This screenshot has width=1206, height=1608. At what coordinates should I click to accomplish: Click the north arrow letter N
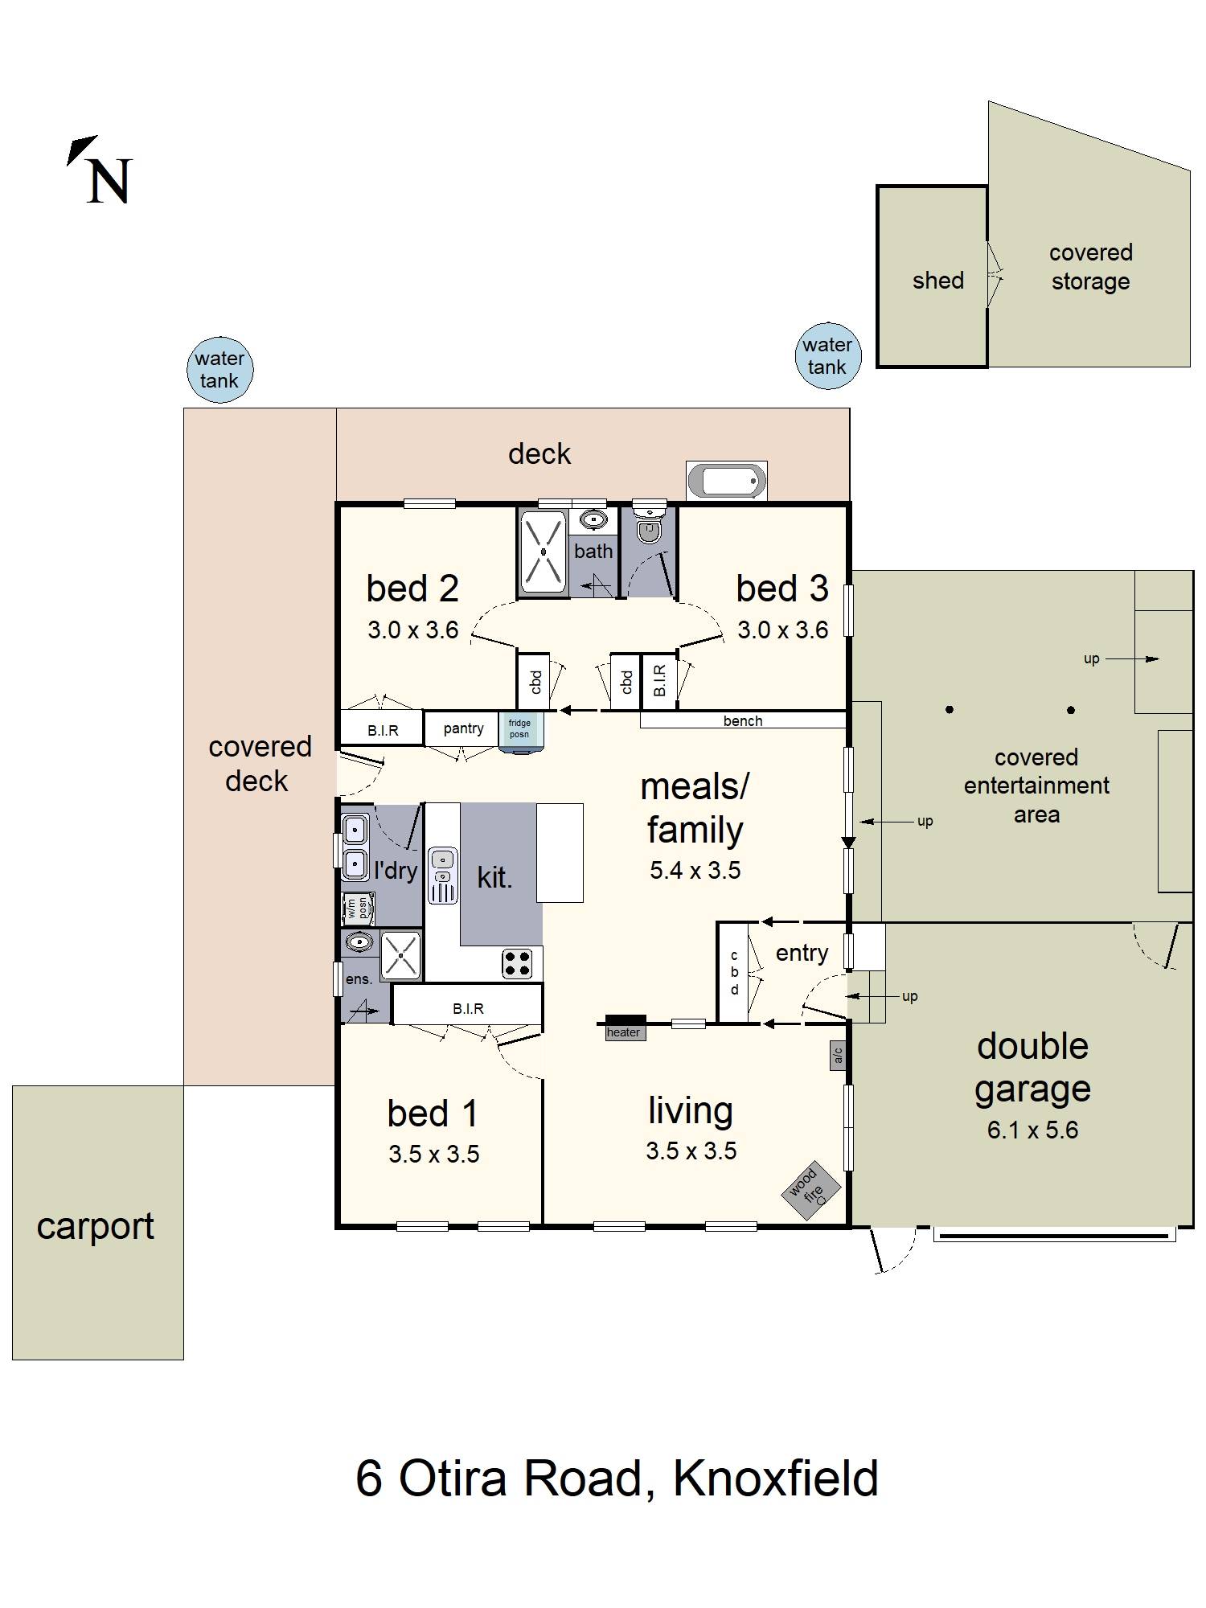pos(109,182)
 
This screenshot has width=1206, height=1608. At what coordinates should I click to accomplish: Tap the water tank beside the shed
pos(827,356)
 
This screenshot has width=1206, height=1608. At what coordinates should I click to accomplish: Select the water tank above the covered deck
pos(219,370)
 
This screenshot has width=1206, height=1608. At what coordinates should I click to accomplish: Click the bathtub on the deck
pos(727,481)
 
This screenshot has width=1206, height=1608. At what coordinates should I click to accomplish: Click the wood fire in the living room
pos(811,1191)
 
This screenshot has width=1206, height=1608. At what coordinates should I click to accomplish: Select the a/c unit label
pos(839,1055)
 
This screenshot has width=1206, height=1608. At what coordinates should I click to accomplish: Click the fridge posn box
pos(520,732)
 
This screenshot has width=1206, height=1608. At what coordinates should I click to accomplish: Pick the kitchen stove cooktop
pos(517,963)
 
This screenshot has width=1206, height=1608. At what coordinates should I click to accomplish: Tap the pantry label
pos(464,728)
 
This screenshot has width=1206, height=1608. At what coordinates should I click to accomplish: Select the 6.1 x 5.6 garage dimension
pos(1032,1130)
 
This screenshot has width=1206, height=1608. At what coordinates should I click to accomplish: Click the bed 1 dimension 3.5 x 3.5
pos(434,1154)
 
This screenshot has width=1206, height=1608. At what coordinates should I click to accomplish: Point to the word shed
pos(938,281)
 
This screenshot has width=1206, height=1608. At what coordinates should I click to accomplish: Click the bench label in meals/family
pos(743,721)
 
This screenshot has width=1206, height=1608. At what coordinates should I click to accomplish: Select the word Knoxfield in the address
pos(776,1478)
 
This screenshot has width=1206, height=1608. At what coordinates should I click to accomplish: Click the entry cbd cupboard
pos(733,973)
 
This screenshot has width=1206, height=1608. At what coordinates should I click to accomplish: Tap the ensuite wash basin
pos(359,941)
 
